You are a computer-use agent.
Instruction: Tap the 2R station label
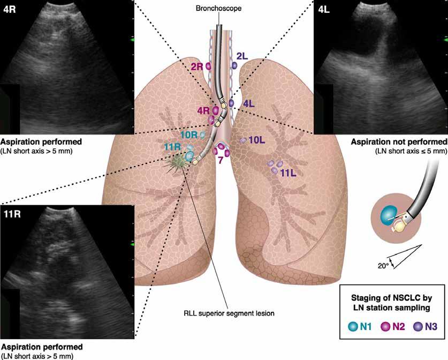(x=197, y=67)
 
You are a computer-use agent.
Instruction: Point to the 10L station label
(x=257, y=140)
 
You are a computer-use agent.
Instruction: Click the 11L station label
(x=288, y=172)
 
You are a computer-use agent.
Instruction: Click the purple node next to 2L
(x=234, y=65)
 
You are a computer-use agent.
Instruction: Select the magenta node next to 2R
(x=208, y=66)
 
